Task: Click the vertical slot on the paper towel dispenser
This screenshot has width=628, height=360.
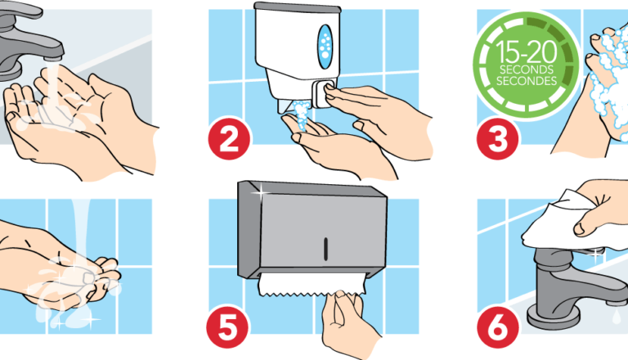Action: point(325,245)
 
